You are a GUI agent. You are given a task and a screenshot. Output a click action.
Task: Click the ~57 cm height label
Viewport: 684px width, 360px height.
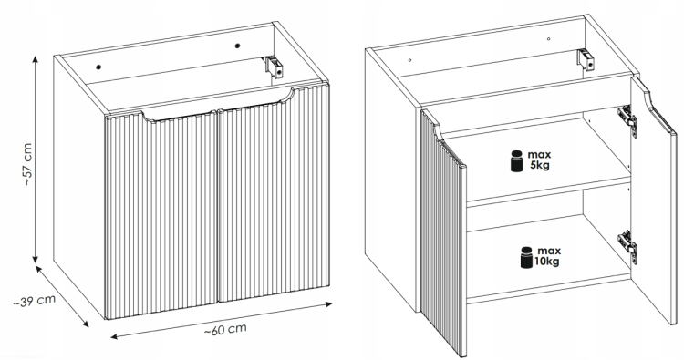(27, 164)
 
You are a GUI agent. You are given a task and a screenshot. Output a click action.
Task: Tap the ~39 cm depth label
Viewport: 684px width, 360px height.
(35, 300)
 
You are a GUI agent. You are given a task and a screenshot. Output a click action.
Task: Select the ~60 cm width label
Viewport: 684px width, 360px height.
(225, 330)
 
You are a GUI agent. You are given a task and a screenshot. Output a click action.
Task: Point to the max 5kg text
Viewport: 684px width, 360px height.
(539, 160)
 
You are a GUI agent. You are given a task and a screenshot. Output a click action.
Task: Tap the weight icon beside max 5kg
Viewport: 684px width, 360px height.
(517, 161)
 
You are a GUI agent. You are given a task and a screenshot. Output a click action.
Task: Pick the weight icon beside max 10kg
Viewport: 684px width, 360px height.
(526, 257)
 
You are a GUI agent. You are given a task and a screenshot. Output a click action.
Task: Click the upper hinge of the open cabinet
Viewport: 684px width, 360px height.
(627, 120)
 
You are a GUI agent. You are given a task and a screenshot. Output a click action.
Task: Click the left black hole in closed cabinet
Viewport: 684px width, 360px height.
(98, 67)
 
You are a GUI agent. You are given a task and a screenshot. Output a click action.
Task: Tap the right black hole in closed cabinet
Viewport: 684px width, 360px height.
(238, 46)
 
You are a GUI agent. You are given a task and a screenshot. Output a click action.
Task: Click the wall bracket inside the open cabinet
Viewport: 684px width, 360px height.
(586, 60)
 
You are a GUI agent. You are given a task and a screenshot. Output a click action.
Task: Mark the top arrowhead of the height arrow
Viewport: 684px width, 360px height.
(36, 60)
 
